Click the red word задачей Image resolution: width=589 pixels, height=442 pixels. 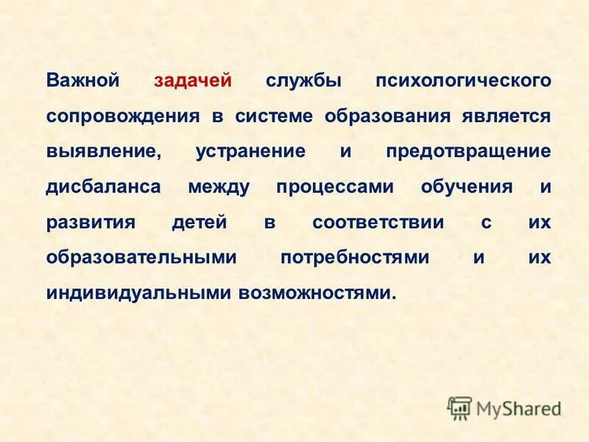[x=193, y=80]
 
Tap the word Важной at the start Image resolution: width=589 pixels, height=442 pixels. [x=82, y=80]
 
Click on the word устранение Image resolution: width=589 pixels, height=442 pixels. [x=251, y=151]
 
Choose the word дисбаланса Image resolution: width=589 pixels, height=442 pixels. [x=103, y=186]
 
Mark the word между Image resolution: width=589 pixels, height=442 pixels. [x=219, y=186]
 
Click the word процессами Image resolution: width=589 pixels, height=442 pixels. [x=335, y=186]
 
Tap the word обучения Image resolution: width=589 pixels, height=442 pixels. [x=467, y=186]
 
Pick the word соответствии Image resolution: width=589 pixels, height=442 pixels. [x=378, y=222]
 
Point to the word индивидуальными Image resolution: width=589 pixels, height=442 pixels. [x=138, y=292]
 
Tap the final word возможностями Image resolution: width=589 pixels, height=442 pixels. [x=317, y=292]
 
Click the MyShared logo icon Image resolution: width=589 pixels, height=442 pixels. [x=459, y=407]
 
